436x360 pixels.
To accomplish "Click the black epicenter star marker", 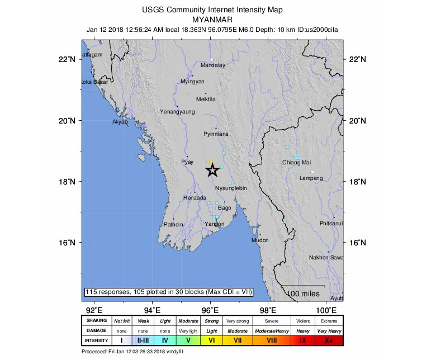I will [x=212, y=170].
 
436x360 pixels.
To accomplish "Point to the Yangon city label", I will [x=214, y=224].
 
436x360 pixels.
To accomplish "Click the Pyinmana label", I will [x=216, y=134].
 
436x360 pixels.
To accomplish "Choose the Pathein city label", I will [x=173, y=224].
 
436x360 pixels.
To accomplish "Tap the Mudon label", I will [x=260, y=240].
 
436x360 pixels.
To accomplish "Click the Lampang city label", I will [x=311, y=178].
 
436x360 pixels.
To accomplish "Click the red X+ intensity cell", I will [x=328, y=339].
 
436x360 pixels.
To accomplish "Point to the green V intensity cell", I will [x=188, y=339].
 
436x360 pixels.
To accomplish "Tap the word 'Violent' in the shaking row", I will [x=302, y=321].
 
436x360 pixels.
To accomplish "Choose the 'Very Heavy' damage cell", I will [x=328, y=330].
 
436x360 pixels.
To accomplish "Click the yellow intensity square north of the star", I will [x=211, y=161].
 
